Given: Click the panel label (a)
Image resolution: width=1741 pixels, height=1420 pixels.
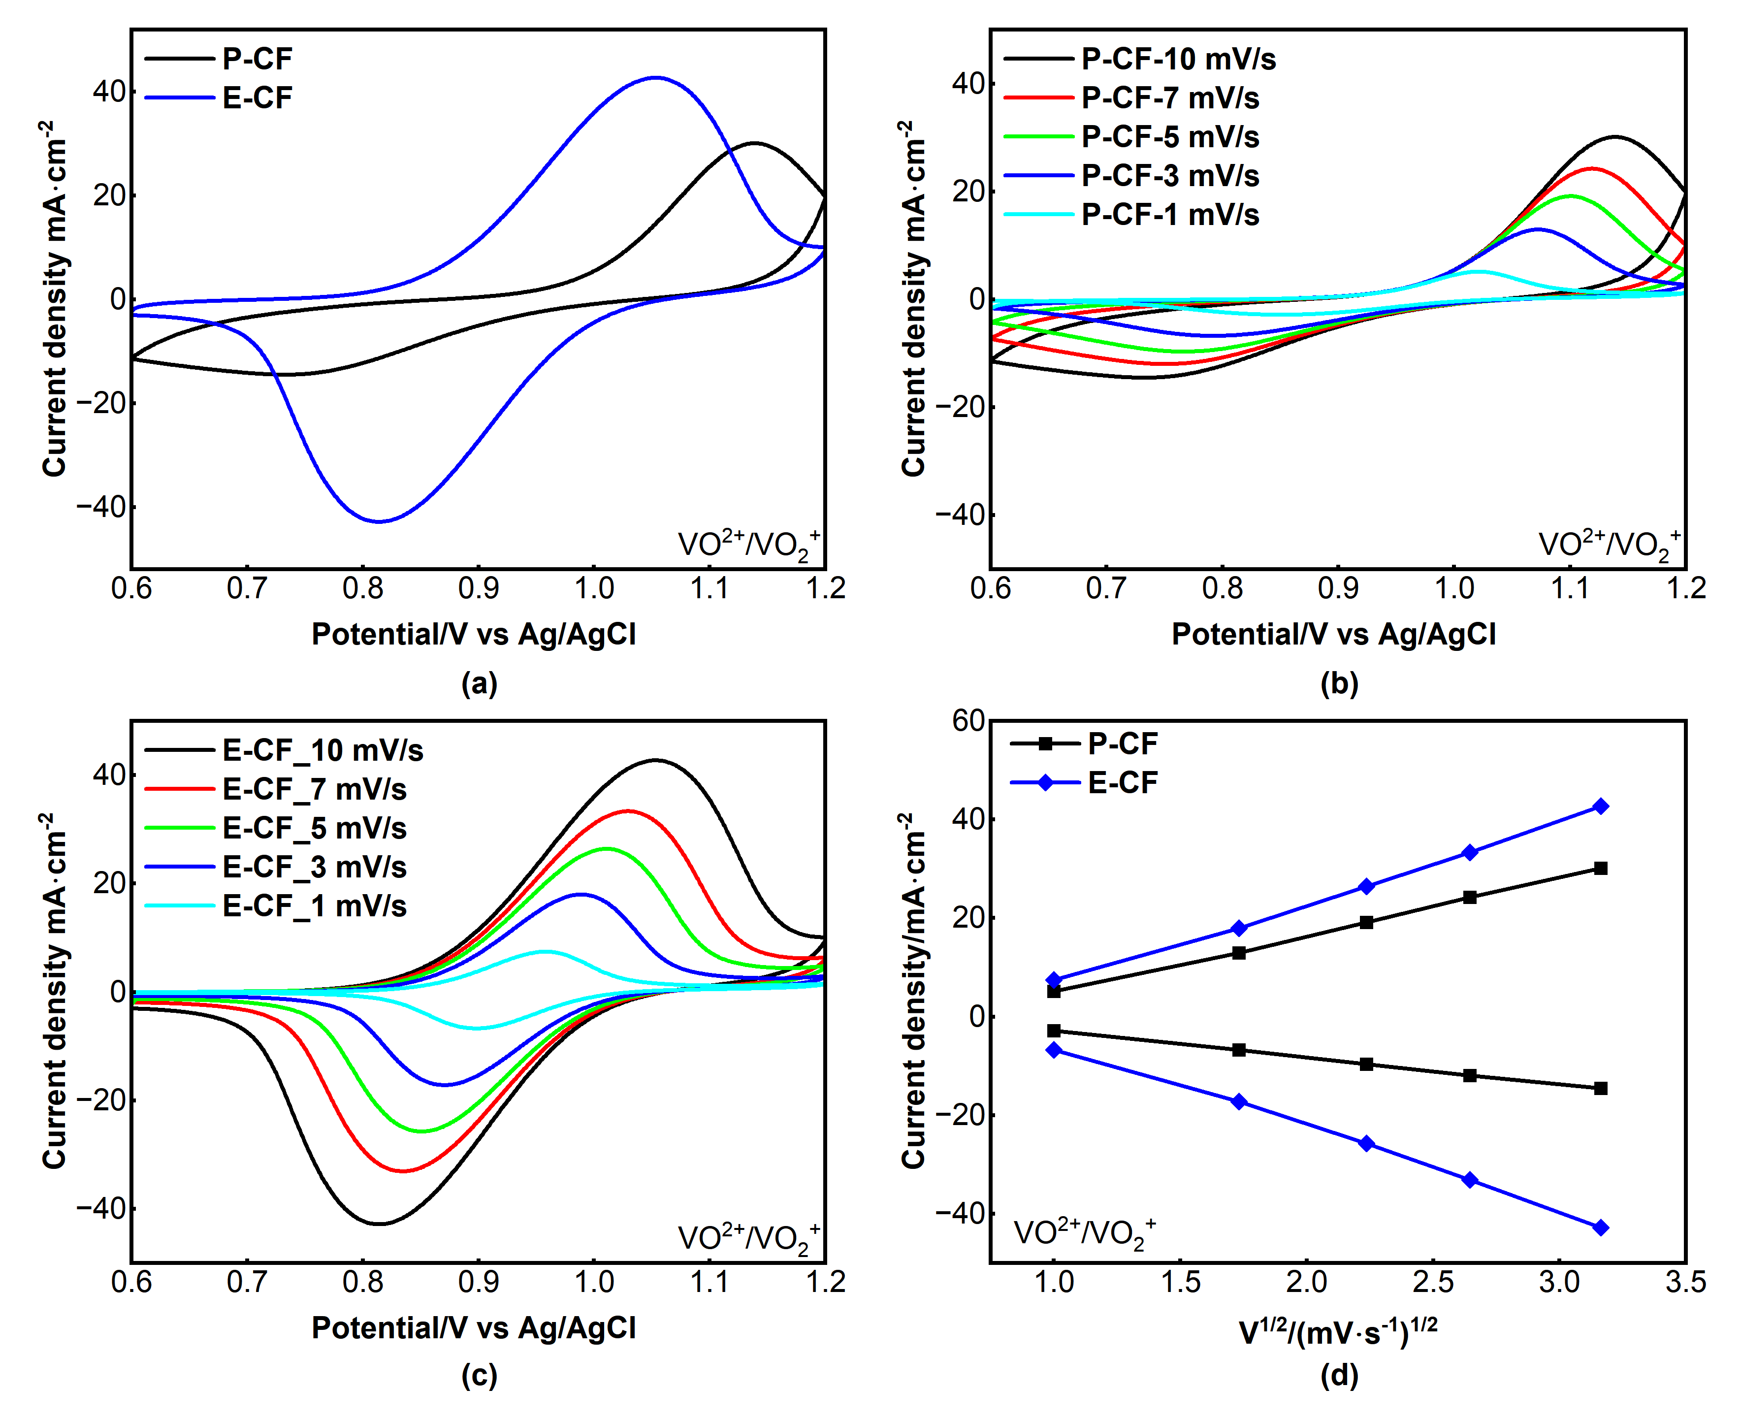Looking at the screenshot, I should click(479, 683).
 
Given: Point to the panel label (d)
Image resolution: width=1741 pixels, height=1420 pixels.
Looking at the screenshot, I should click(1339, 1375).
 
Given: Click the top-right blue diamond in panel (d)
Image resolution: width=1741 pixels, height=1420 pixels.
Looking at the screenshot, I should click(1600, 807).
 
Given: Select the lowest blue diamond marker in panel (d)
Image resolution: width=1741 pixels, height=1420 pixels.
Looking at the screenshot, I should click(1600, 1227).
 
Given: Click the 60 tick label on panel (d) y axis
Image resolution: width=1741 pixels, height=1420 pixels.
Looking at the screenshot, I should click(967, 721).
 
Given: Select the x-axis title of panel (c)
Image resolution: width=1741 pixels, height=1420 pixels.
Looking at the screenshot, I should click(474, 1327).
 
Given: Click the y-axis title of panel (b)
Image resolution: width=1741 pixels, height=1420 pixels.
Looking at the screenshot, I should click(913, 298).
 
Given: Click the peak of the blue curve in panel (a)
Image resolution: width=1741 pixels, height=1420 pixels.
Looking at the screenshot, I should click(656, 78).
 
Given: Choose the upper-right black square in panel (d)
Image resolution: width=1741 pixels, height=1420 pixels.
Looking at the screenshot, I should click(1600, 869).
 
